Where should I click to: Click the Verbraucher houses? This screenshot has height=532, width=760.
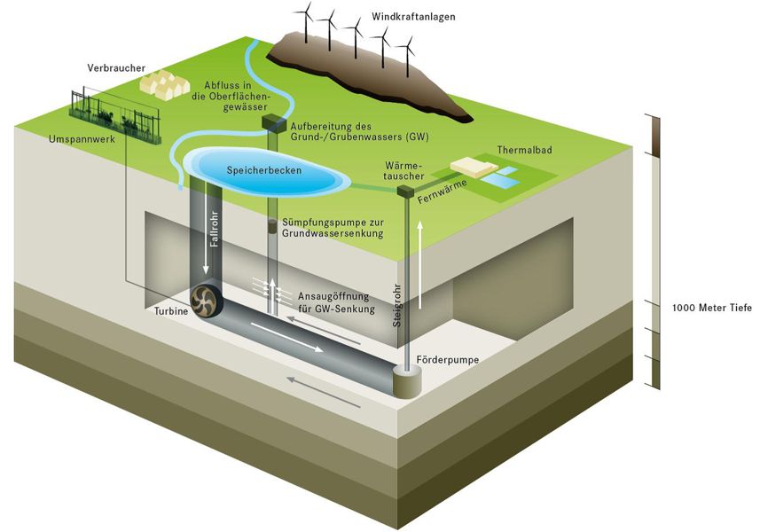(164, 85)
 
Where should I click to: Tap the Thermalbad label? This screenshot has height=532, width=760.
(524, 151)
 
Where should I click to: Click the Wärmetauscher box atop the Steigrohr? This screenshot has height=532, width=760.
(405, 190)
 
